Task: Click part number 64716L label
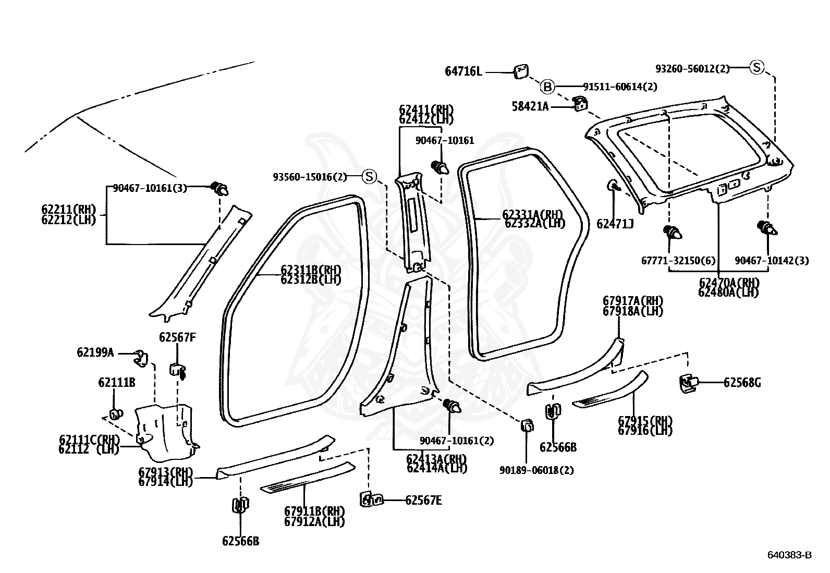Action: tap(463, 71)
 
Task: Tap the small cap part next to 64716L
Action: tap(521, 71)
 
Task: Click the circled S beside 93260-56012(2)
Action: tap(756, 67)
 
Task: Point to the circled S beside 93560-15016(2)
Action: tap(369, 177)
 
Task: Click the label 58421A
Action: tap(530, 107)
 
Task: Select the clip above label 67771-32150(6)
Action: tap(672, 232)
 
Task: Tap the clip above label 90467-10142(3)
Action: tap(767, 228)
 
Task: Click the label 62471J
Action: tap(615, 224)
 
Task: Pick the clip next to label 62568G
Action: tap(688, 383)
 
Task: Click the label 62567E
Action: tap(423, 501)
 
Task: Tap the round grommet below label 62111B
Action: tap(115, 414)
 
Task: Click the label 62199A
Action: tap(95, 352)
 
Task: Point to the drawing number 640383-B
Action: tap(789, 555)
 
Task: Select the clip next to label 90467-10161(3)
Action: tap(219, 188)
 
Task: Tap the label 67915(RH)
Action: tap(645, 421)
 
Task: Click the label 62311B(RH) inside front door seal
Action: tap(311, 270)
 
